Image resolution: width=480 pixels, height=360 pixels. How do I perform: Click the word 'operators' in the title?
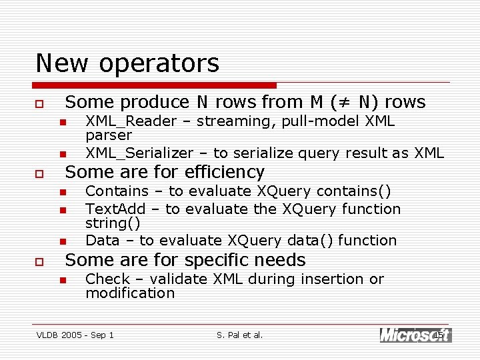click(159, 63)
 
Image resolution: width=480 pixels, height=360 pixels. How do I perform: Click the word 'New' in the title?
click(64, 63)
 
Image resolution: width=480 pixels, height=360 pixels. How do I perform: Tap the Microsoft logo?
click(415, 335)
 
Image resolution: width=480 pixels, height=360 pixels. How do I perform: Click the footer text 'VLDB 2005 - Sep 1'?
click(75, 335)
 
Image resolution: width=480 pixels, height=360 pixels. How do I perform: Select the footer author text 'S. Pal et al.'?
click(240, 335)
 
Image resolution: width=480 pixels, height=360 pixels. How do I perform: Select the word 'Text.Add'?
click(115, 209)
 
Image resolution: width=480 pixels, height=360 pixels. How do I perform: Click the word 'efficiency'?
click(229, 172)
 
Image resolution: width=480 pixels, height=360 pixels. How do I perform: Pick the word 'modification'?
click(130, 293)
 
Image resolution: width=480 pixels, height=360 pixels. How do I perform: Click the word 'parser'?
click(109, 135)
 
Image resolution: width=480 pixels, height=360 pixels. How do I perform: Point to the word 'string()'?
click(113, 223)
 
